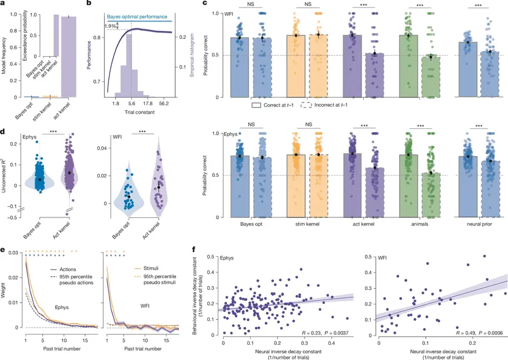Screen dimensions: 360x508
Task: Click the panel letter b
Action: pyautogui.click(x=89, y=5)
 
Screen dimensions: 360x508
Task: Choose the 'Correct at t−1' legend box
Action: pyautogui.click(x=255, y=106)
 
